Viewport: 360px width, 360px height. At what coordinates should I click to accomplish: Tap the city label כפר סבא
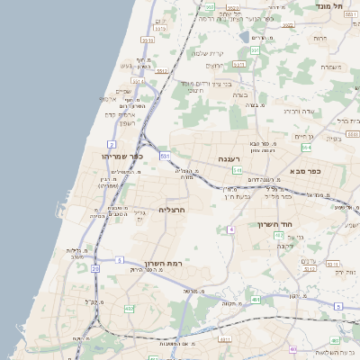pos(306,170)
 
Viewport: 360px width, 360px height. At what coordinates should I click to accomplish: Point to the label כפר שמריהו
pos(123,156)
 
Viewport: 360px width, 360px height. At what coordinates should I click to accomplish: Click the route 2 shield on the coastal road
pos(112,144)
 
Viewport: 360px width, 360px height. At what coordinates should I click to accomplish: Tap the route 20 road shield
pos(95,268)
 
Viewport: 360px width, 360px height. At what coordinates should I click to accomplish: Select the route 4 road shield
pos(231,229)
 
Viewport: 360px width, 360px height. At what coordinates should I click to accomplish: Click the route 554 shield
pos(306,147)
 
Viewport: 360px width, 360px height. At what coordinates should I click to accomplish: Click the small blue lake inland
pos(245,38)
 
